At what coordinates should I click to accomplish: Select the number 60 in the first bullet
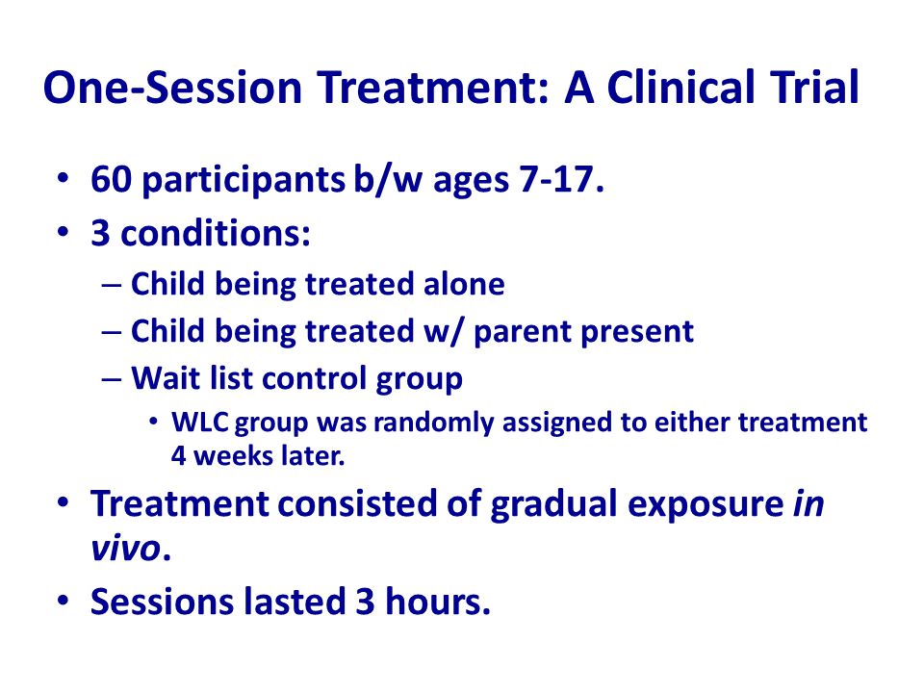pos(111,179)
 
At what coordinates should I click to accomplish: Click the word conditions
pos(215,233)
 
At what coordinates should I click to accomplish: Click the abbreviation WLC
pos(200,423)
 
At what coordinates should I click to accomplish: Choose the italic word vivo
pos(125,550)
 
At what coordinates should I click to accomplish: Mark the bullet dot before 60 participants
pos(64,177)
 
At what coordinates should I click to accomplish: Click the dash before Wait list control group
pos(112,379)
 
